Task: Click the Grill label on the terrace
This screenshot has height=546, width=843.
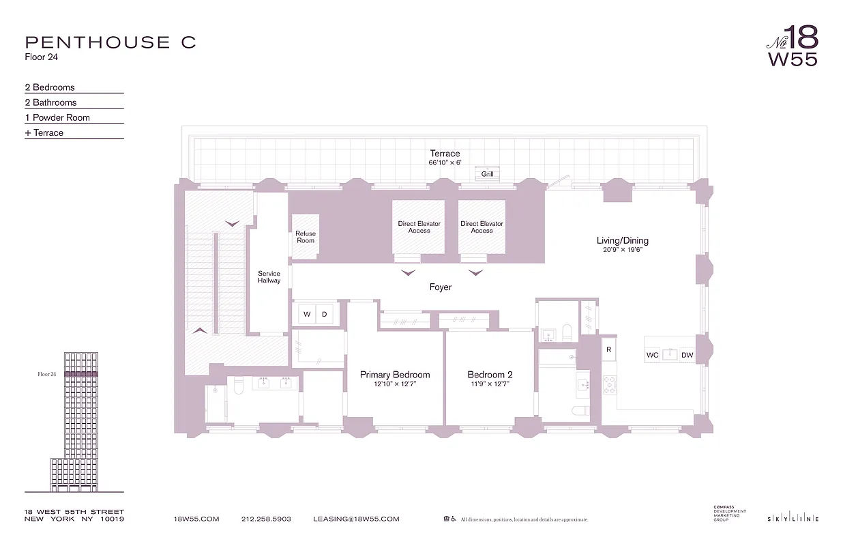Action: click(487, 174)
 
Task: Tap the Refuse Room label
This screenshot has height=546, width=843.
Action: click(306, 237)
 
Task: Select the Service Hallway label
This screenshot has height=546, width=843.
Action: click(269, 277)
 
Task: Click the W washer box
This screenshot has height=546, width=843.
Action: click(307, 315)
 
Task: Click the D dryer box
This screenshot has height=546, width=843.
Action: click(325, 315)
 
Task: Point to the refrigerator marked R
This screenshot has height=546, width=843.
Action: click(608, 349)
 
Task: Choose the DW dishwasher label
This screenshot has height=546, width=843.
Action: click(687, 355)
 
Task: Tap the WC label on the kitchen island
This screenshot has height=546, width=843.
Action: click(653, 355)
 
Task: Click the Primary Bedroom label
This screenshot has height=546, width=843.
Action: click(395, 375)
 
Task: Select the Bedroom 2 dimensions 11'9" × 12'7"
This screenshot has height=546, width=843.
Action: click(490, 384)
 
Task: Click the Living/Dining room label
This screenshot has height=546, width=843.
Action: click(622, 240)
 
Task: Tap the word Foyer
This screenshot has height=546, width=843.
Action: click(441, 287)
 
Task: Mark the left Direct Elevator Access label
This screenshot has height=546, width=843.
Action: click(419, 227)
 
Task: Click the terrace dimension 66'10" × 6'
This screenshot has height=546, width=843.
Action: click(445, 163)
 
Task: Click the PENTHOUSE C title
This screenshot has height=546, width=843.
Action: click(110, 42)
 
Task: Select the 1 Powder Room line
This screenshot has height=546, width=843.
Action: click(57, 117)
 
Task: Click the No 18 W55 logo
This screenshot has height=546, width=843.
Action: click(792, 46)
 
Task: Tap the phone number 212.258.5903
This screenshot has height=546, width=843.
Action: click(266, 519)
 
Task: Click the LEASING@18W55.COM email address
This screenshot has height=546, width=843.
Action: click(356, 519)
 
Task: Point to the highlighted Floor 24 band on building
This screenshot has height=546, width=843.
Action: click(81, 374)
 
